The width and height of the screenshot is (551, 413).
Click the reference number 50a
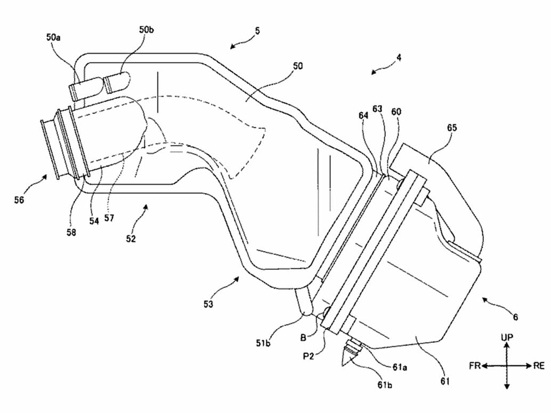(x=53, y=37)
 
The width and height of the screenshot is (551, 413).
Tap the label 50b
(x=146, y=29)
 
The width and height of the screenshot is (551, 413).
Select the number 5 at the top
(x=257, y=30)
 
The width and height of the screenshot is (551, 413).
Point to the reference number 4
(x=399, y=57)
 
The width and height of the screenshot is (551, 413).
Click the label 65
(x=452, y=127)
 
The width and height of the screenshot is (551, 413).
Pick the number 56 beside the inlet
(x=19, y=200)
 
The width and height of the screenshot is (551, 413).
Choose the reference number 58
(x=71, y=232)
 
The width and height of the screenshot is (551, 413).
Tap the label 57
(x=109, y=218)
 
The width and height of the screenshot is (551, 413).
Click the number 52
(x=131, y=238)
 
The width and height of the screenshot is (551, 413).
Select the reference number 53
(x=208, y=304)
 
